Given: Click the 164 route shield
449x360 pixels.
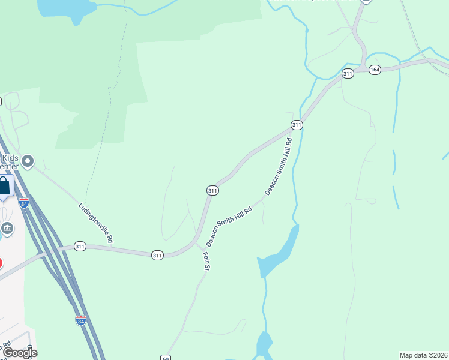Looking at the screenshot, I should point(375,70).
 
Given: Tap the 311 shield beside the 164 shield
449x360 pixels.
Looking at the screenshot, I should point(348,73).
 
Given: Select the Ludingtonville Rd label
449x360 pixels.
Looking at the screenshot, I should point(96,223).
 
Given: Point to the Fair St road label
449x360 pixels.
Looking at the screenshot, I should point(205,261).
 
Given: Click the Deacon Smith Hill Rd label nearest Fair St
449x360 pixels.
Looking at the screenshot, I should point(229,224).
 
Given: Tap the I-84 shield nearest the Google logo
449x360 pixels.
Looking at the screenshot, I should point(81,320).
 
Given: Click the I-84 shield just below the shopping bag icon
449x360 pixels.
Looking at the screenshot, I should point(24,203).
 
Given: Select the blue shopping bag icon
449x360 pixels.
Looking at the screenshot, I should point(4,185).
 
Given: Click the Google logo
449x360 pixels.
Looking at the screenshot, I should point(19,353).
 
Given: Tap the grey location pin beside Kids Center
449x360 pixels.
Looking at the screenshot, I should point(28,161).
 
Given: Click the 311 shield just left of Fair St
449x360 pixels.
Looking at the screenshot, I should point(157,255).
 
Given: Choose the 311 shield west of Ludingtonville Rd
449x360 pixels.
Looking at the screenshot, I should point(80,246).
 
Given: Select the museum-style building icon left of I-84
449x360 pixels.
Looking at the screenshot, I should point(7,228).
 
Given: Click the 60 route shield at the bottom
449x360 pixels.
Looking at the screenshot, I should point(166,358).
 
